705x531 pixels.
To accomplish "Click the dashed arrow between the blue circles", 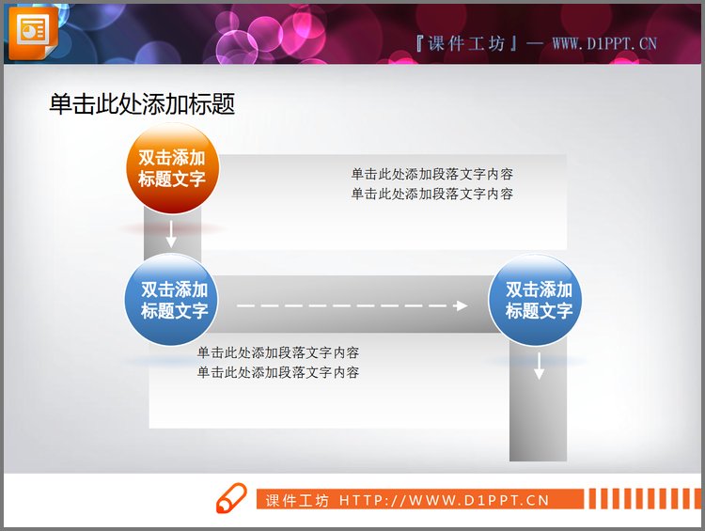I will click(352, 305).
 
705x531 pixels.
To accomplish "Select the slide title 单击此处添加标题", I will click(142, 104).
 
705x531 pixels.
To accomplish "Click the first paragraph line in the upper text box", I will click(431, 174).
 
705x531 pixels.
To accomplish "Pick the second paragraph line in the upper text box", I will click(431, 194).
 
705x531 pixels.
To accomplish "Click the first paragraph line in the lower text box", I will click(277, 353).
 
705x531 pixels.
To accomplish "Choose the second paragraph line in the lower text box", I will click(277, 372).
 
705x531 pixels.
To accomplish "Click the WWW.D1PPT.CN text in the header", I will click(603, 43).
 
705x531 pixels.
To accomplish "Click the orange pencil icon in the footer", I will click(230, 499).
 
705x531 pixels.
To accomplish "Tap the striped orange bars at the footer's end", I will click(639, 499).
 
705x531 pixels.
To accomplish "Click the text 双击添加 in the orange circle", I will click(172, 158).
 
